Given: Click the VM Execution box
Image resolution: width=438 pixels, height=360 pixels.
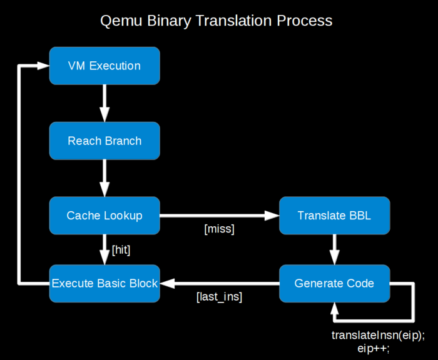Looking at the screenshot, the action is pos(104,66).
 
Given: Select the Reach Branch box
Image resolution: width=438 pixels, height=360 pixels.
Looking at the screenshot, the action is pos(104,141).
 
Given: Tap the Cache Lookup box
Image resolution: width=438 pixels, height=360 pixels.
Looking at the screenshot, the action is pos(104,216).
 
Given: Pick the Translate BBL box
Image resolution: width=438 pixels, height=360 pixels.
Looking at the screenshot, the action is pos(334,216).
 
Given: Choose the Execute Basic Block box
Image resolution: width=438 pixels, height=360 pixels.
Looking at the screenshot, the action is pos(104,284).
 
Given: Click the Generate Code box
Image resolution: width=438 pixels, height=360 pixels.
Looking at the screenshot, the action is pos(334,284).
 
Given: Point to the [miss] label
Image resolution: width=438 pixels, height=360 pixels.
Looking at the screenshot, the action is pos(219,229).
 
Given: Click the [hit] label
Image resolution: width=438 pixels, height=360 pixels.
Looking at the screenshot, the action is pos(121,250).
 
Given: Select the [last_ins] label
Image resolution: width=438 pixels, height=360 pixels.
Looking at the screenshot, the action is pos(219,297).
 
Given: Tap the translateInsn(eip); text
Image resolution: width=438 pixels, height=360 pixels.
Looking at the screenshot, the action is pos(378,335).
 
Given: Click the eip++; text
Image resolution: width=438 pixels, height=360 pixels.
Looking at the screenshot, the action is pos(373,349).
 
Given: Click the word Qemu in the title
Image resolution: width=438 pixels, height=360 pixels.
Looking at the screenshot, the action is pos(121,21).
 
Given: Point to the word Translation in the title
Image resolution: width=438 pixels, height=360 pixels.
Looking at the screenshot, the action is pos(234,21).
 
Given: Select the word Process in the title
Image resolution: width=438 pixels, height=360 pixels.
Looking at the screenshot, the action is pos(305,21).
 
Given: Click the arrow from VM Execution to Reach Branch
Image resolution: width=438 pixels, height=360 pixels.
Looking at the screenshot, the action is pos(104,103).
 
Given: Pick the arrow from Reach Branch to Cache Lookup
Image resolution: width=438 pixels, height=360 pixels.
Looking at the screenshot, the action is pos(104,178).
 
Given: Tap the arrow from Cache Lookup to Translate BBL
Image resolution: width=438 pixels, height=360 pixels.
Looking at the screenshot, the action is pos(220,216).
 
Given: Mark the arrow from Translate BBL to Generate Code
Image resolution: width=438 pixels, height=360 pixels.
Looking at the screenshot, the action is pos(334,249).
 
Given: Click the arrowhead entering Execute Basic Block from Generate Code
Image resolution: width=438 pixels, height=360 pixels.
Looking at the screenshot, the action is pos(167,284).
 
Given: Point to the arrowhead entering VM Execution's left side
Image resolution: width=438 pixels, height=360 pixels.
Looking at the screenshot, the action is pos(43,66).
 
